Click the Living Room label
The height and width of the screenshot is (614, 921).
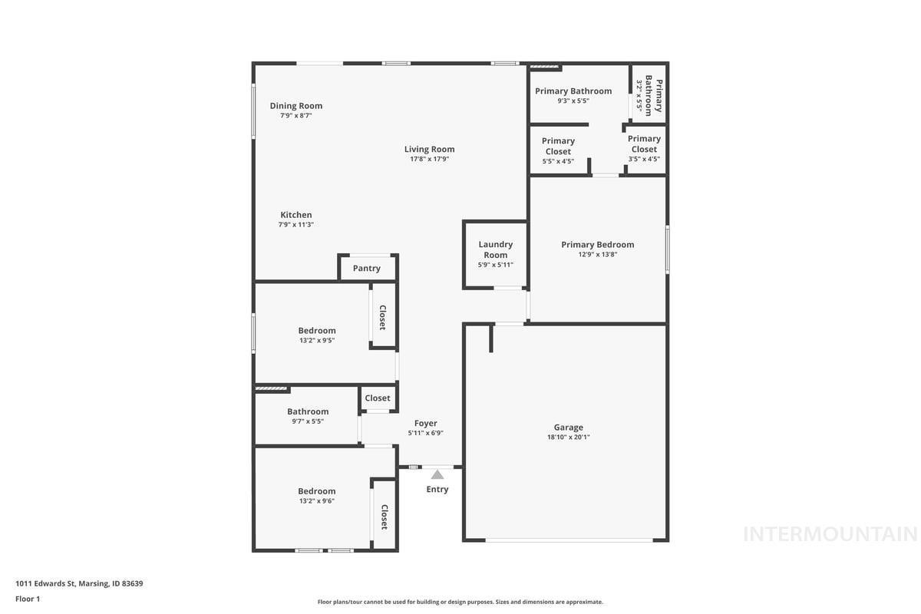[429, 150]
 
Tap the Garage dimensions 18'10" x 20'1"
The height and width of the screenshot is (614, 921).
[568, 437]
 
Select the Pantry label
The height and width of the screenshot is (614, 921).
[367, 269]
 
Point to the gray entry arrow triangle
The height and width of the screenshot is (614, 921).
[437, 475]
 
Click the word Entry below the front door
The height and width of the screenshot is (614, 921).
[437, 490]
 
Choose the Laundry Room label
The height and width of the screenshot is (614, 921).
[496, 249]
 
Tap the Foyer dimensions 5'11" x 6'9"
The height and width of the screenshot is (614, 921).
[425, 433]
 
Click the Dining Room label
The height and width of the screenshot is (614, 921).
[296, 106]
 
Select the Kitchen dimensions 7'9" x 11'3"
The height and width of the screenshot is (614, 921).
[296, 225]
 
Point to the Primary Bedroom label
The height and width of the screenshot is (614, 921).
[598, 245]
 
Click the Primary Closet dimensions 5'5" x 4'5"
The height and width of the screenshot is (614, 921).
[558, 162]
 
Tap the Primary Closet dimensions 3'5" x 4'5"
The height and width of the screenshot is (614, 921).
[644, 159]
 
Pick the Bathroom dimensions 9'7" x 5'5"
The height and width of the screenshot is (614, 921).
[308, 421]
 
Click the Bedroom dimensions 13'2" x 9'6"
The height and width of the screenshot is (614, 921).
[316, 501]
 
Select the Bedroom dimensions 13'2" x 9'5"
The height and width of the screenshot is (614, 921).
[316, 341]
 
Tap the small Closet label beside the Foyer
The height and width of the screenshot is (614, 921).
[378, 398]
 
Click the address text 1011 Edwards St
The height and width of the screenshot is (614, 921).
[45, 583]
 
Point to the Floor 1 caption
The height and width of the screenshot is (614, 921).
[28, 599]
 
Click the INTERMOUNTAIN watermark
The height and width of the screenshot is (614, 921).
[830, 534]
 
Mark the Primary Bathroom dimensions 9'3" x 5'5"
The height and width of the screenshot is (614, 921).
[573, 101]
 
